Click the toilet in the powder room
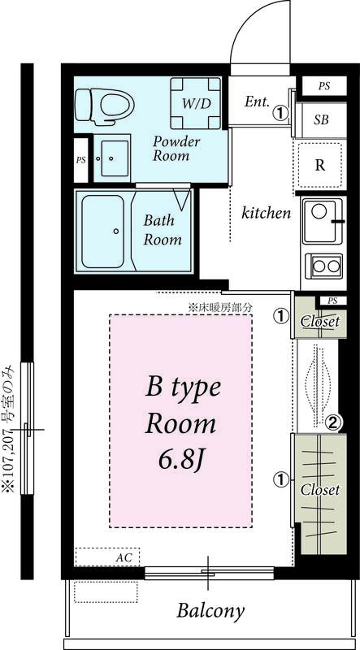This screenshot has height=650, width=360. click(105, 106)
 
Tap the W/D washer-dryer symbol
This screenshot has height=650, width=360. click(196, 102)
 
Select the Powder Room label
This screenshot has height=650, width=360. click(176, 148)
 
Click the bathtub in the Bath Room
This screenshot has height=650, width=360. click(103, 231)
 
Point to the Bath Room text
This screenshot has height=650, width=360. click(163, 230)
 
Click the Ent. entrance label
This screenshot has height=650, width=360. click(257, 102)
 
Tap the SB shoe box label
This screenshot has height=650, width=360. click(321, 119)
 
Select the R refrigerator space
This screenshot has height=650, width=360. click(319, 166)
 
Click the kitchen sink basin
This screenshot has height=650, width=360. click(323, 220)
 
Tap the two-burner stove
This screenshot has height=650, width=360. click(324, 266)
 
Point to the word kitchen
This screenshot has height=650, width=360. click(267, 213)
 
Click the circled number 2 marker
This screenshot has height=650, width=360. click(334, 422)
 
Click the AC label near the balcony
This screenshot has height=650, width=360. click(124, 557)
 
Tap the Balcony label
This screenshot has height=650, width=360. click(210, 612)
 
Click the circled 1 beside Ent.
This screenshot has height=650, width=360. click(281, 112)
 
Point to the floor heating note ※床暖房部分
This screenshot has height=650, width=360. click(220, 308)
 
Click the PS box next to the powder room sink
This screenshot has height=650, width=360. click(81, 160)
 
